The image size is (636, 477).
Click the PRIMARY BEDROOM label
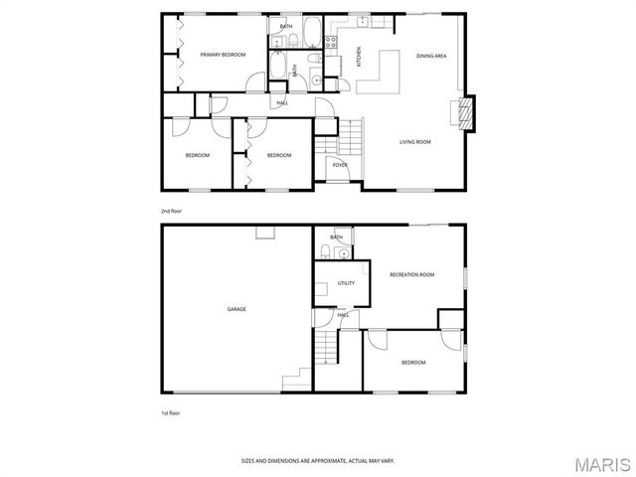[x=223, y=55]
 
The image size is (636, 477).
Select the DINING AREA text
[x=431, y=56]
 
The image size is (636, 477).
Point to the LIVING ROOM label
[x=415, y=142]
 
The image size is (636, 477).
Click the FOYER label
[x=340, y=164]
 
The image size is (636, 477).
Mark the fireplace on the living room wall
[x=464, y=111]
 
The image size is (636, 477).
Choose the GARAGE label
[x=237, y=309]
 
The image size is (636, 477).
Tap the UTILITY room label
[x=346, y=283]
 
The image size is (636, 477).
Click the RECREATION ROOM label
[x=412, y=274]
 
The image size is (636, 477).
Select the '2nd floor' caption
[x=171, y=211]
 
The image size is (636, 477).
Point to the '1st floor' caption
[x=171, y=412]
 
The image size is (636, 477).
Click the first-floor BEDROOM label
[x=413, y=363]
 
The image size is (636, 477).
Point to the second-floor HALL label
[x=282, y=102]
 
